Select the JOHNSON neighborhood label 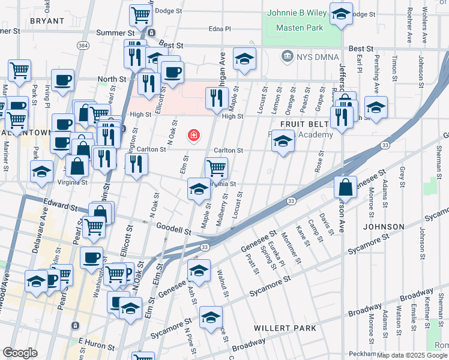(x=383, y=227)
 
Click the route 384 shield (x=82, y=46)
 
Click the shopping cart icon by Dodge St (x=140, y=14)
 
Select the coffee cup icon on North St (x=62, y=80)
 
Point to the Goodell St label (x=173, y=229)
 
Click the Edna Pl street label (x=219, y=28)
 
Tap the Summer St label (x=119, y=32)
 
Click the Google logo (x=20, y=353)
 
